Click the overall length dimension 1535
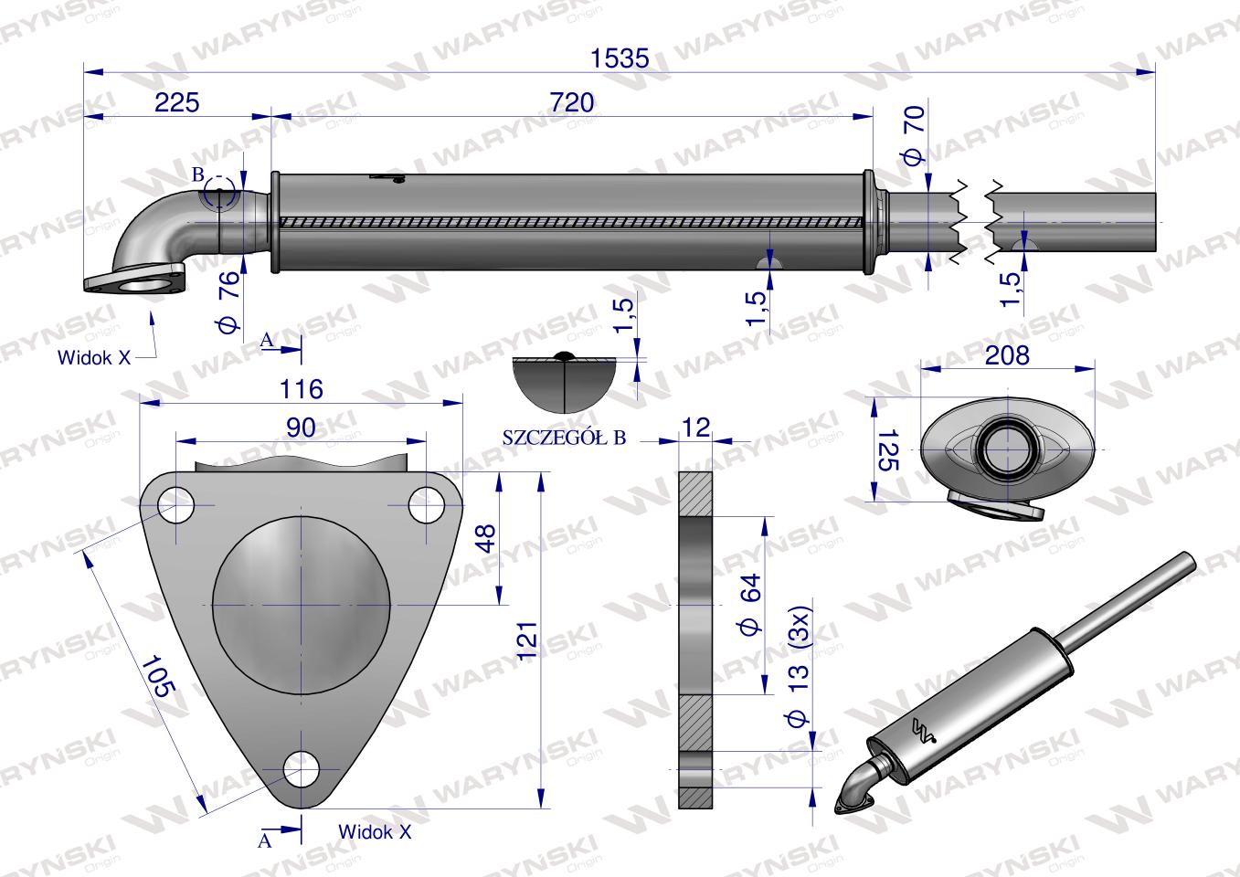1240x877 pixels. tap(619, 58)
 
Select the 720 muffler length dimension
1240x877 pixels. tap(572, 102)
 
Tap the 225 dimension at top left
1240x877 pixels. tap(176, 102)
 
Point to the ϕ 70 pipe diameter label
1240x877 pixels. tap(914, 136)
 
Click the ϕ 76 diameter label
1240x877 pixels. tap(228, 301)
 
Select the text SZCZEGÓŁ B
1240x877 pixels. tap(564, 438)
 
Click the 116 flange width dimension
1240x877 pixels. tap(302, 389)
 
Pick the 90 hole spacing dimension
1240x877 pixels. tap(301, 428)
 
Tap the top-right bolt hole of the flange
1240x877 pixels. tap(426, 505)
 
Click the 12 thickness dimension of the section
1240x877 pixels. tap(695, 427)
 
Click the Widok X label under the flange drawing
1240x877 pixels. tap(375, 832)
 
